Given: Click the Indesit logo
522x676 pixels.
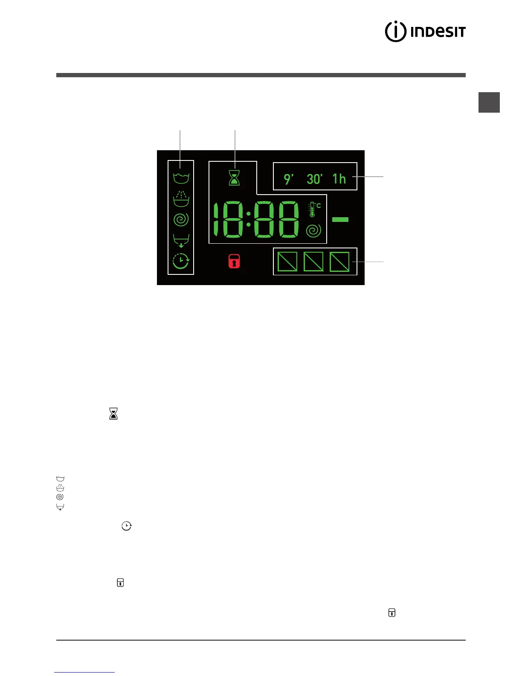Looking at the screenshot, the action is (425, 32).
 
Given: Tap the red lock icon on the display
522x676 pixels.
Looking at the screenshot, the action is (234, 261).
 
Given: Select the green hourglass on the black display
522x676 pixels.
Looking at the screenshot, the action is (234, 178).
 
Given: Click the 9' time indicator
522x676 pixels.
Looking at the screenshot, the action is (289, 179).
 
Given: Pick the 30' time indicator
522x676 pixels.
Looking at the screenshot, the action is (315, 179).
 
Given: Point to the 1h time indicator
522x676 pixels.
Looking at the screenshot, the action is (339, 179).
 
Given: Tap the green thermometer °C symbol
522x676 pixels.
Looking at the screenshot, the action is (314, 209).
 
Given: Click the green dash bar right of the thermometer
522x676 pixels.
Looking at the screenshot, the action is (340, 219).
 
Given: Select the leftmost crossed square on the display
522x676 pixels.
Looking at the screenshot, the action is (287, 262).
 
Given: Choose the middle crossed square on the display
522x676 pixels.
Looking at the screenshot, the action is (313, 262).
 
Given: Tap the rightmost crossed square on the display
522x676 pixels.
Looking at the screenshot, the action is (339, 262).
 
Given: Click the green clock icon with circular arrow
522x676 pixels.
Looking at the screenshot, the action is (181, 261).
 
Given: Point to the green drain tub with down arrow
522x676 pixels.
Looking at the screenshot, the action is (181, 241).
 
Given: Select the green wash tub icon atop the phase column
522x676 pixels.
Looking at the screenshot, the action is (181, 178).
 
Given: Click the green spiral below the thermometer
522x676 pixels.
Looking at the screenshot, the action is (313, 231).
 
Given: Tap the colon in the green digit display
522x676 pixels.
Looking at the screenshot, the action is (248, 219).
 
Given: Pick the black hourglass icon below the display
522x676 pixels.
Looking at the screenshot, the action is (113, 414).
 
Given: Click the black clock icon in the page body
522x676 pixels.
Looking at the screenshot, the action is (126, 526).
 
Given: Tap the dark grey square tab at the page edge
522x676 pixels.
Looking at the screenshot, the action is (489, 102).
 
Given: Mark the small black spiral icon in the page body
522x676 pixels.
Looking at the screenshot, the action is (60, 497).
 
